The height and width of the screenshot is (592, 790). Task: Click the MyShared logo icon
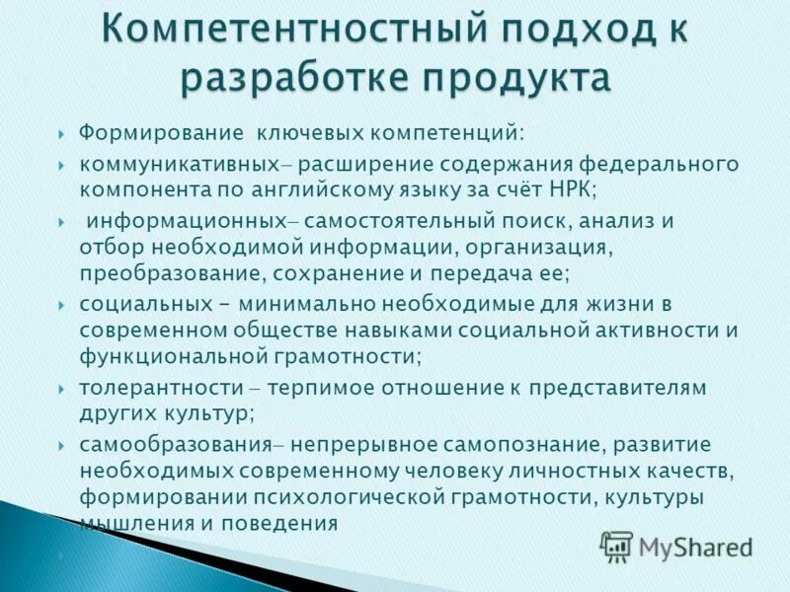click(x=616, y=546)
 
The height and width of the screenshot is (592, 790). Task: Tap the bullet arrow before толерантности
click(x=62, y=389)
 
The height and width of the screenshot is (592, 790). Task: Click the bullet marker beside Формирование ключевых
click(x=62, y=133)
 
